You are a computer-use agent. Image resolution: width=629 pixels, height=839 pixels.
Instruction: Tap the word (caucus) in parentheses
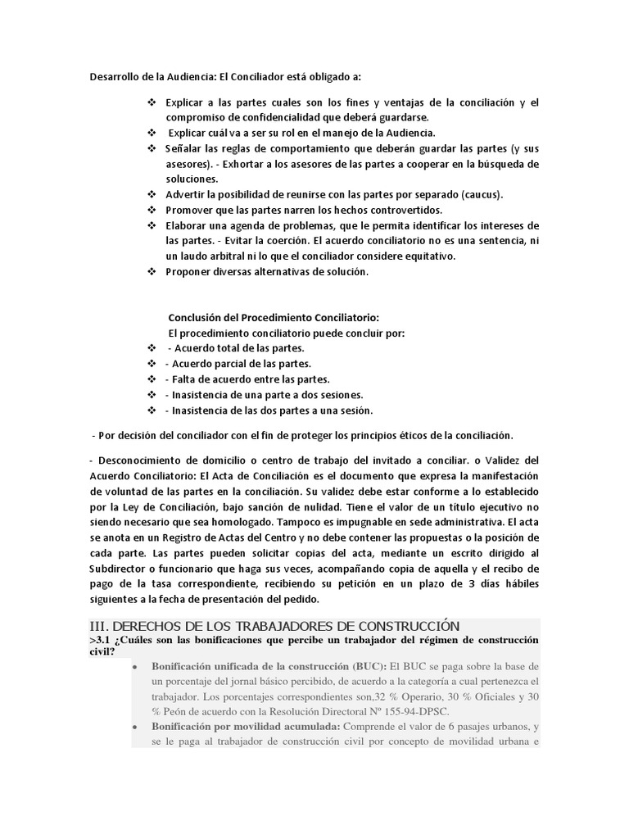[481, 194]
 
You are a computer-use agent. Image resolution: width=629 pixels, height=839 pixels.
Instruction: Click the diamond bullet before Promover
[151, 210]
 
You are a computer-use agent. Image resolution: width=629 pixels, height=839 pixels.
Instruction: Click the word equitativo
[426, 256]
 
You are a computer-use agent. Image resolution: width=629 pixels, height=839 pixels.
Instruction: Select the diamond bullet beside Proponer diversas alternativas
[151, 271]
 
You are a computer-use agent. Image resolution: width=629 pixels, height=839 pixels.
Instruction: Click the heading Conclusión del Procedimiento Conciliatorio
[274, 317]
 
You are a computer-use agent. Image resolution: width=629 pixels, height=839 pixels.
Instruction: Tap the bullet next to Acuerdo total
[151, 348]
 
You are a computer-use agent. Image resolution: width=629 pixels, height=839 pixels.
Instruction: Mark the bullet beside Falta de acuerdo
[151, 379]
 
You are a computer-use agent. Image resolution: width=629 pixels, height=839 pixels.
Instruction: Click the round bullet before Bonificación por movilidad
[135, 728]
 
